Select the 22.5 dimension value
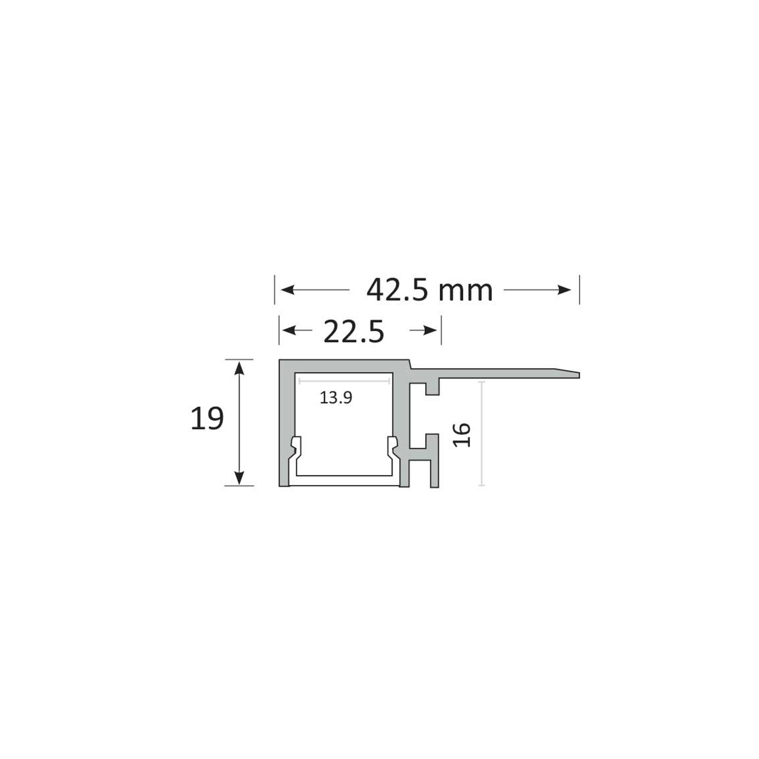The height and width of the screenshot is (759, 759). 354,331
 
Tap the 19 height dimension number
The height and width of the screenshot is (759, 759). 207,418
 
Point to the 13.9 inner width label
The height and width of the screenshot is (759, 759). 336,398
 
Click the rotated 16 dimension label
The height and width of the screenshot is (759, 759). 462,435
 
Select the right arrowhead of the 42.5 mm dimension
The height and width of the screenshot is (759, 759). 565,290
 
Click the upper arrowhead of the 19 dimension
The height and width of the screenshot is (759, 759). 239,368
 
